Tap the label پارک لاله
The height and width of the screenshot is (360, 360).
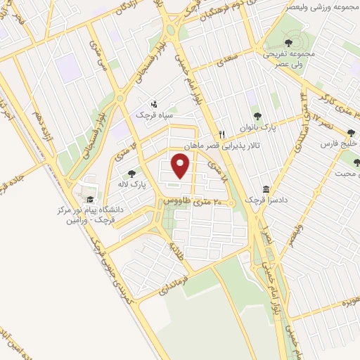click(x=127, y=184)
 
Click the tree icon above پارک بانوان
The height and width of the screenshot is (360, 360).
click(x=257, y=116)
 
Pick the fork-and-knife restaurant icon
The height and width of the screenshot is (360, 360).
click(x=221, y=134)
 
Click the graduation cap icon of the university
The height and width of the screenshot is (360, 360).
click(x=90, y=199)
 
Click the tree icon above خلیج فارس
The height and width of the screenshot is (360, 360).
click(x=352, y=132)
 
